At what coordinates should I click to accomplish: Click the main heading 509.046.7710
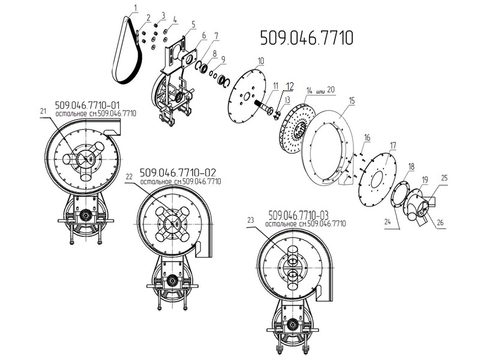tap(307, 38)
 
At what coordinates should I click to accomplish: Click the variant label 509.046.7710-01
tap(87, 105)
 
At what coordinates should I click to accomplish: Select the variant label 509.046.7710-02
tap(178, 173)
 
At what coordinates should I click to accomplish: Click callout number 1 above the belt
tap(136, 7)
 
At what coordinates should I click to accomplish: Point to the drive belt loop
tap(127, 50)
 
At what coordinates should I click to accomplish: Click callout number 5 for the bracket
tap(193, 24)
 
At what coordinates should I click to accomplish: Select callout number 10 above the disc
tap(260, 61)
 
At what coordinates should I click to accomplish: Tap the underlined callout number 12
tap(290, 86)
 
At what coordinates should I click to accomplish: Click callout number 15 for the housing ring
tap(352, 100)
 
